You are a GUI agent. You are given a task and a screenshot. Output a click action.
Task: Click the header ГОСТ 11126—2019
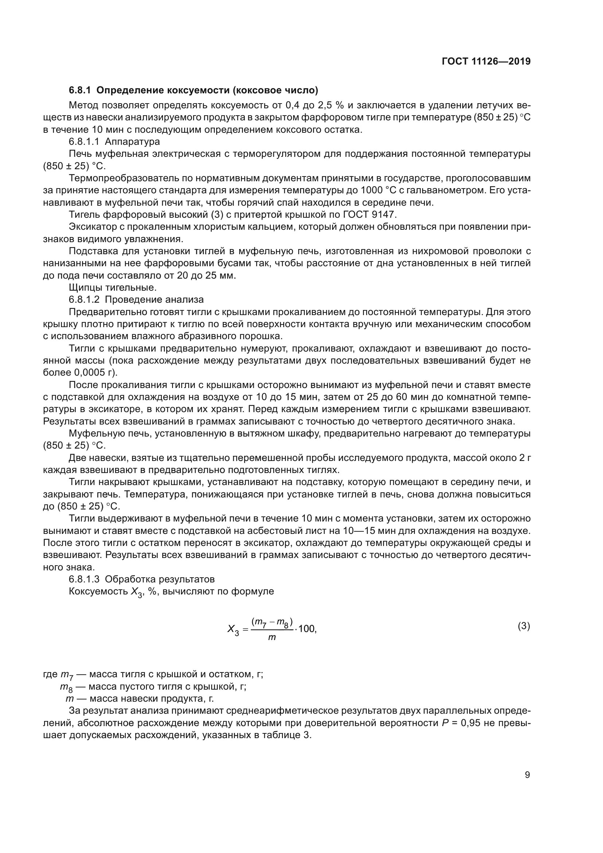click(x=486, y=61)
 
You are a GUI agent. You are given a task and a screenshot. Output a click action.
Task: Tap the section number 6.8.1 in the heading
click(x=80, y=90)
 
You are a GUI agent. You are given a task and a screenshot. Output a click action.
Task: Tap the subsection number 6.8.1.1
click(x=84, y=141)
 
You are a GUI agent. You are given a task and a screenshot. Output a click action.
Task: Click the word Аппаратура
click(x=133, y=141)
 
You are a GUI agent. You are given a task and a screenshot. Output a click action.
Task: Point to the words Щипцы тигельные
click(x=113, y=287)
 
